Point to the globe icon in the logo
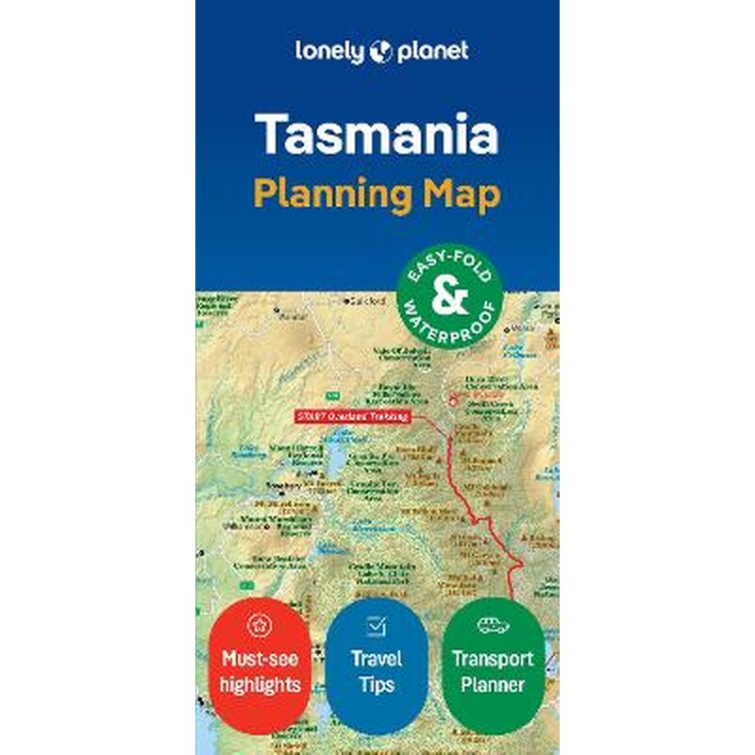click(380, 51)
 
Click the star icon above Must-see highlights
click(258, 625)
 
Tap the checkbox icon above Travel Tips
click(377, 626)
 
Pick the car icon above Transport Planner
click(494, 625)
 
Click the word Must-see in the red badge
click(258, 659)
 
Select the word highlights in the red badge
click(258, 683)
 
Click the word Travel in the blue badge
click(377, 659)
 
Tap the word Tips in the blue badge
click(377, 683)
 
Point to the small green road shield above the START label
click(333, 393)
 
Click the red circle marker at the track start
click(454, 400)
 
